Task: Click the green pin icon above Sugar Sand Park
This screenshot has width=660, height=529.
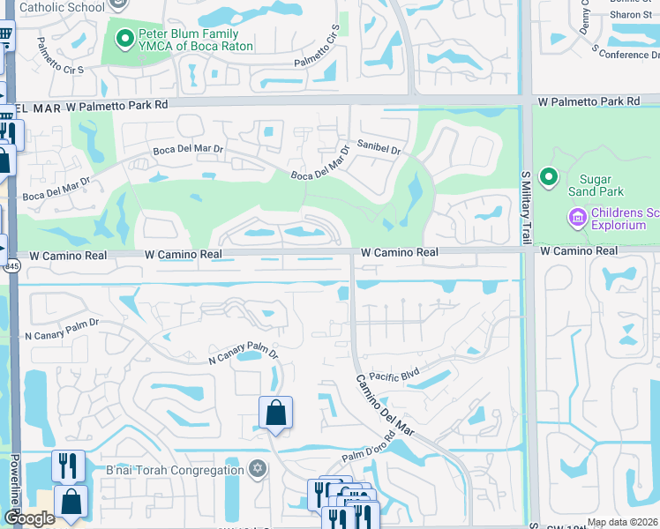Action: coord(550,178)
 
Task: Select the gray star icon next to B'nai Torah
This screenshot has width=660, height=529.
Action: coord(258,466)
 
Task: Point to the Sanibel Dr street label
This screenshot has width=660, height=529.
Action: coord(379,146)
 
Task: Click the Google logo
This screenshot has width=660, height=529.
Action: coord(29,518)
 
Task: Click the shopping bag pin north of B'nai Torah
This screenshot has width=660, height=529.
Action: coord(275,413)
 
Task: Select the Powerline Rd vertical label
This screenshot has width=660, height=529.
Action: coord(15,485)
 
